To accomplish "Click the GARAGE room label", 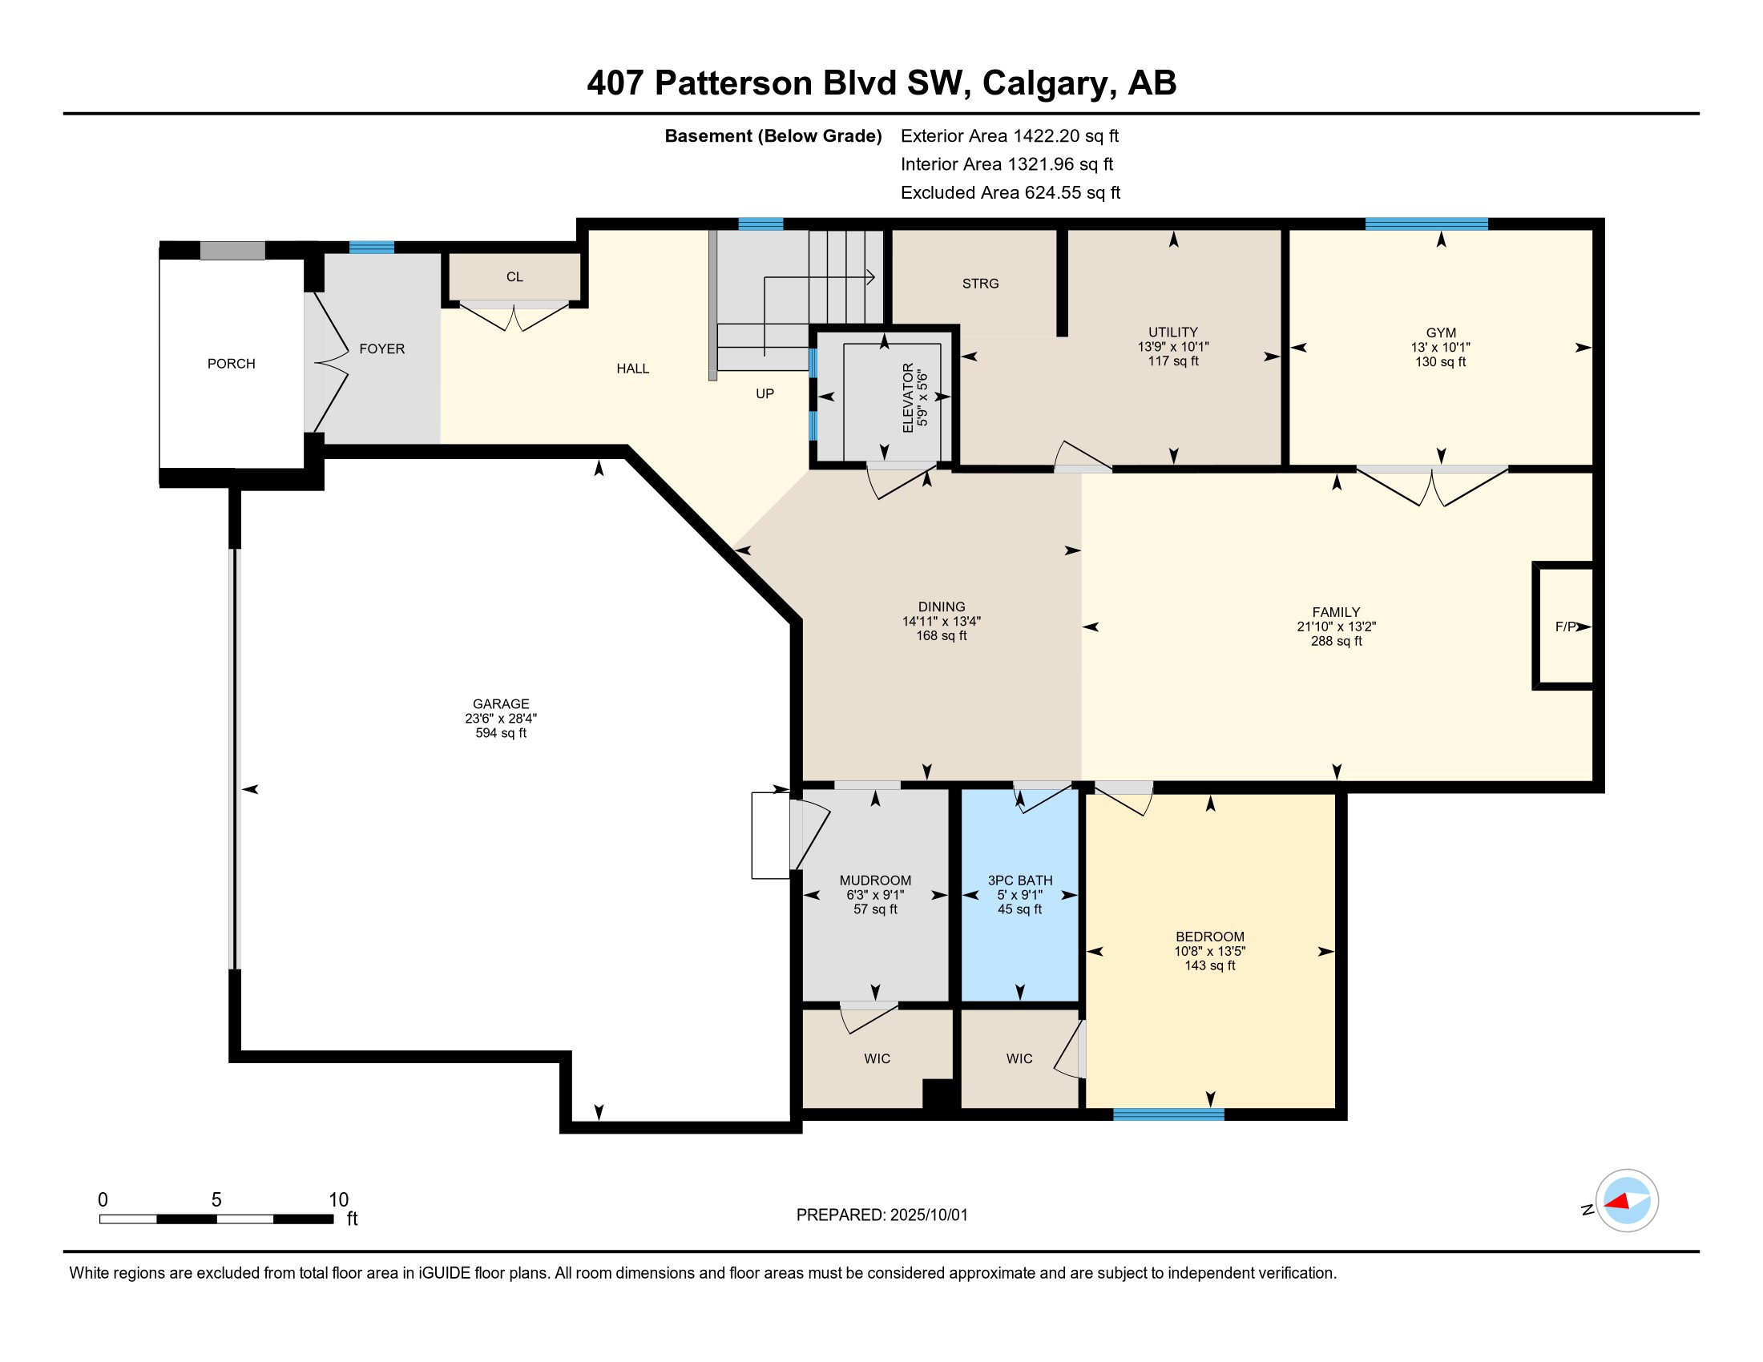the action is tap(501, 703).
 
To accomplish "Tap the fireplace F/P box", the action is tap(1563, 627).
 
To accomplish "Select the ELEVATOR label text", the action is tap(908, 398).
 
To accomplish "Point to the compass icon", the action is tap(1626, 1201).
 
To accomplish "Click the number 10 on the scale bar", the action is tap(338, 1200).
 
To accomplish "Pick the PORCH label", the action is tap(231, 364).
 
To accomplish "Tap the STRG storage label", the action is tap(981, 283).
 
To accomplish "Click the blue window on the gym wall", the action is tap(1426, 224).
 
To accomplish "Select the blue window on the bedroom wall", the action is tap(1168, 1114).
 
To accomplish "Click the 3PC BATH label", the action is tap(1020, 880).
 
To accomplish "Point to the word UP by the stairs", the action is tap(765, 393).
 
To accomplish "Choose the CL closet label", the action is tap(514, 276).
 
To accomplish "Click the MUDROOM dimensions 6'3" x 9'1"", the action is tap(875, 895).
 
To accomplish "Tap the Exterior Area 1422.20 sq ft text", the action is tap(1010, 135).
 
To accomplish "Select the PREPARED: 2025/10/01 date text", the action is tap(881, 1215).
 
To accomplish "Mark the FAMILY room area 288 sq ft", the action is tap(1336, 642).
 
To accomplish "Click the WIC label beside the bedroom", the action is tap(1019, 1058).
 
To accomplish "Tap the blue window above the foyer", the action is tap(371, 248).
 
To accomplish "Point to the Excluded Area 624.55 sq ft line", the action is tap(1011, 193).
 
